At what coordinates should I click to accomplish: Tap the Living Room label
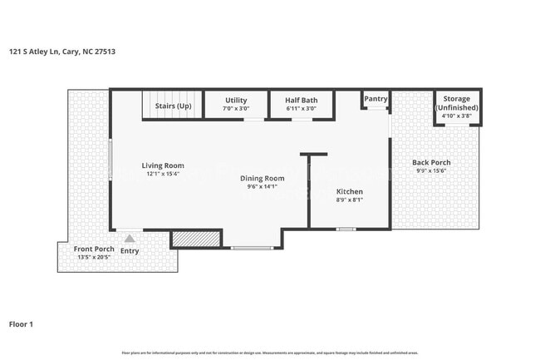tap(162, 165)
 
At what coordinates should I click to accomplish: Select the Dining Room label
tap(262, 178)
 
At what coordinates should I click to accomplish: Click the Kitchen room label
tap(349, 192)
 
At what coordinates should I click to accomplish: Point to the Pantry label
tap(376, 99)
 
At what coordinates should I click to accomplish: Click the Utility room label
tap(236, 100)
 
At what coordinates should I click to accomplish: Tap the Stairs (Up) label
tap(174, 106)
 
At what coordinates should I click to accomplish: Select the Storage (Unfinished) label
tap(456, 104)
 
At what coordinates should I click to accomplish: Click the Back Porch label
tap(432, 162)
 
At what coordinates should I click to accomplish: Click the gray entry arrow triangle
tap(129, 239)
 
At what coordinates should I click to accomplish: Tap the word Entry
tap(130, 250)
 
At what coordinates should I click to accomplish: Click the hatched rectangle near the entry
tap(195, 239)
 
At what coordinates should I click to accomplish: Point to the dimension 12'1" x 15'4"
tap(162, 175)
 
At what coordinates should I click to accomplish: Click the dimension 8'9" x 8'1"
tap(349, 200)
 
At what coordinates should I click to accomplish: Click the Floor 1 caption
tap(21, 324)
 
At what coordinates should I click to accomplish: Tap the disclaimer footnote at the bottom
tap(269, 353)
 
